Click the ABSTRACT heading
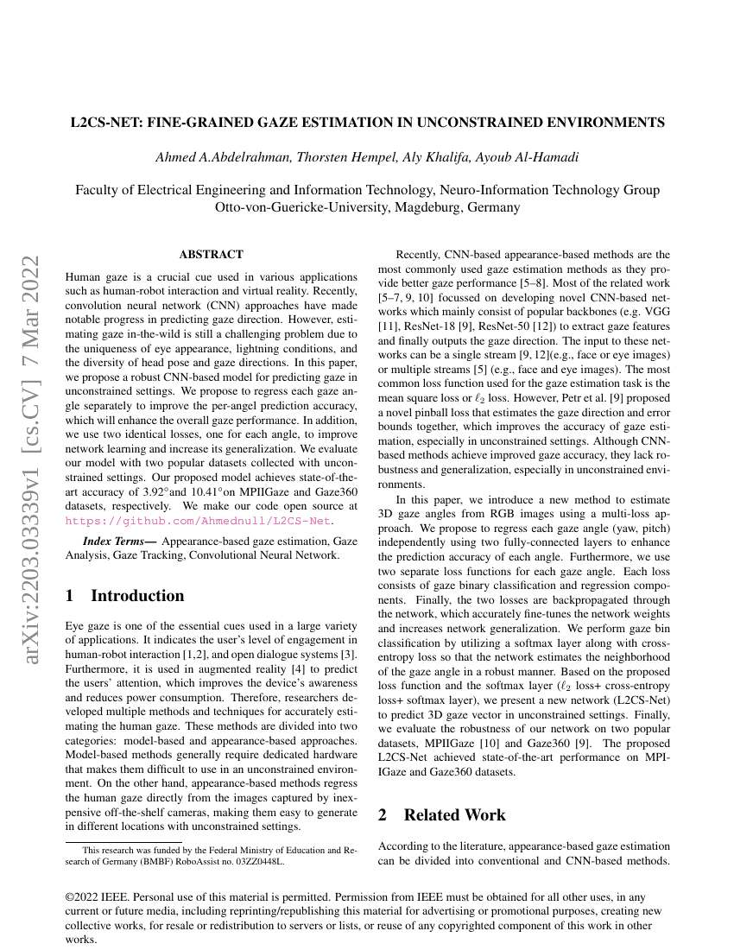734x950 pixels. tap(211, 255)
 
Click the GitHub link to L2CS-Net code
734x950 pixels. tap(199, 521)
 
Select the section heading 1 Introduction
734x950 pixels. tap(125, 596)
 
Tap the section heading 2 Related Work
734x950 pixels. tap(442, 814)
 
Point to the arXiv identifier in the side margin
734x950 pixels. tap(31, 423)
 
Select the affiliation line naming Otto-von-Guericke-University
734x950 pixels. tap(367, 207)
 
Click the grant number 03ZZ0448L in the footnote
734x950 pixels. tap(259, 861)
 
